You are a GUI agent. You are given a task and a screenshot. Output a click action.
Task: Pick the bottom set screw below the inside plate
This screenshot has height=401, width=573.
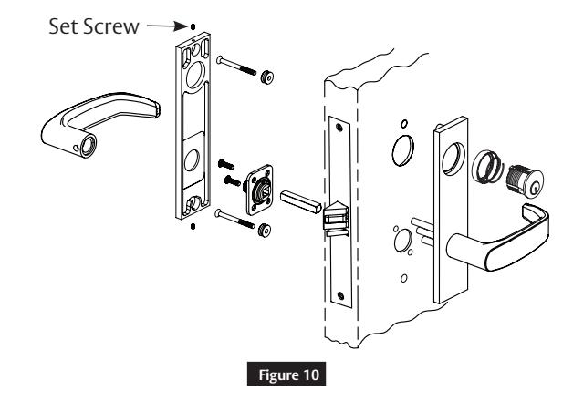pyautogui.click(x=192, y=228)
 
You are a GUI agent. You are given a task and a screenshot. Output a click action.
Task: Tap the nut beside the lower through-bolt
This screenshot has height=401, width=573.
pyautogui.click(x=263, y=228)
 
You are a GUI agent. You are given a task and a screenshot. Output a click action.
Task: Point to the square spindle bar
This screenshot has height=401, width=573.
pyautogui.click(x=297, y=197)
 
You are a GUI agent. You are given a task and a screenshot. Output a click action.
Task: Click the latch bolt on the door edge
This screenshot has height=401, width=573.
pyautogui.click(x=334, y=215)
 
